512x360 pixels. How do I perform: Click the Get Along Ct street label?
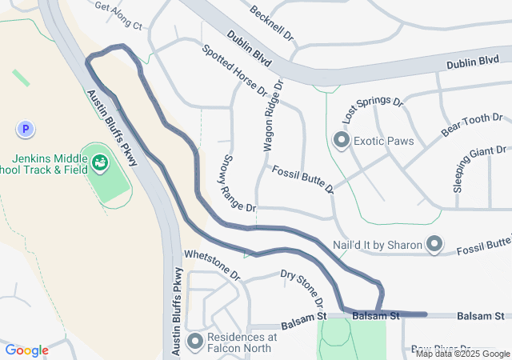point(118,16)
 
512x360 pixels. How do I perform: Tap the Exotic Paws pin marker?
point(342,141)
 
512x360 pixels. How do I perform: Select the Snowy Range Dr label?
point(238,183)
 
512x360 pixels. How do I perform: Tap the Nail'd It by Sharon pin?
point(434,244)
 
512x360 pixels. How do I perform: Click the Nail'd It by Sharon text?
point(377,244)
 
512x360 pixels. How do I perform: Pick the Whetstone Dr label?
point(212,263)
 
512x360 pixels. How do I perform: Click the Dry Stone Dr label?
point(302,289)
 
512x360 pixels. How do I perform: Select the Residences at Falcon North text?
point(242,342)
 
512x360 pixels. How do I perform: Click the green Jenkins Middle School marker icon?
point(100,163)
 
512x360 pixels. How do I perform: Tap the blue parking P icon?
point(26,129)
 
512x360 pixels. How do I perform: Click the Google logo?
point(26,350)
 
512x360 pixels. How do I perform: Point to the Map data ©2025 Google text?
point(462,354)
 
